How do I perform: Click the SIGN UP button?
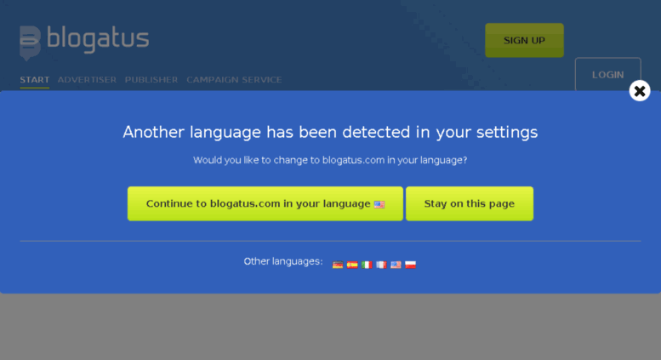coord(524,40)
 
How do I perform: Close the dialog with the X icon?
coord(640,90)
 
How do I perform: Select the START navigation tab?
coord(35,80)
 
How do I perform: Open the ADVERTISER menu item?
coord(87,80)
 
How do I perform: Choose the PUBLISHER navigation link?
coord(151,80)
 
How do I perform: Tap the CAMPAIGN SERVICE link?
coord(234,80)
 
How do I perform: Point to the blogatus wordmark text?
coord(98,39)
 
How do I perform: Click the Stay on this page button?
coord(470,203)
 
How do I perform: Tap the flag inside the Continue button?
coord(379,204)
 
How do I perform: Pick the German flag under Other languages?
coord(338,265)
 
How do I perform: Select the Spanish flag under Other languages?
coord(352,265)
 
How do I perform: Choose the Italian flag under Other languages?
coord(367,265)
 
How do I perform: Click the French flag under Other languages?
coord(381,265)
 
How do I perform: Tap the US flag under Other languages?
coord(396,265)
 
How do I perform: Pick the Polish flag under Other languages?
coord(410,265)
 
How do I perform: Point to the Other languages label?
coord(283,261)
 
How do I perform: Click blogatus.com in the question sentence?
coord(353,160)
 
